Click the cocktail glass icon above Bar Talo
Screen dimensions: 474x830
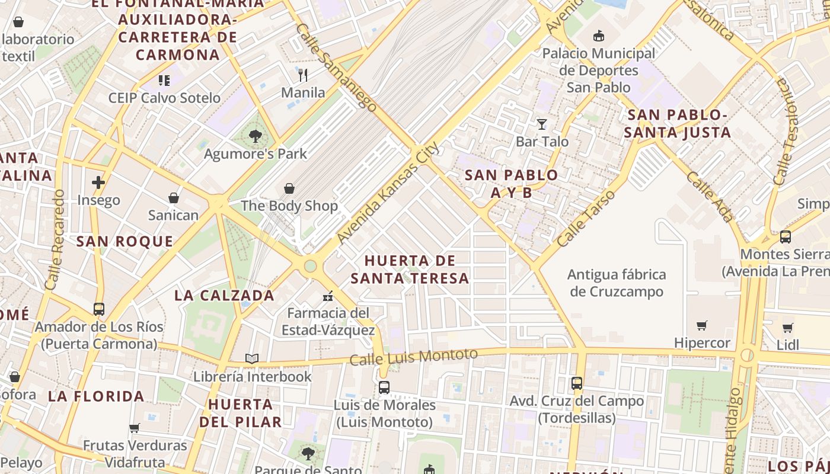point(541,124)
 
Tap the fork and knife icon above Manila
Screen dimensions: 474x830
point(303,75)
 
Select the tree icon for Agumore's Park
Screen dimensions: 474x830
point(256,137)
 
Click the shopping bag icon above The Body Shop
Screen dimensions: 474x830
point(289,188)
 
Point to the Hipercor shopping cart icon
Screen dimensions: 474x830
point(702,325)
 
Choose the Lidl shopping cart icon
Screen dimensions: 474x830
point(787,328)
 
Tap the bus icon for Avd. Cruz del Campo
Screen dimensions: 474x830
point(577,383)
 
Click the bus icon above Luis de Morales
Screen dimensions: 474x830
point(384,387)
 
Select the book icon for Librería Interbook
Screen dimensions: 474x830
point(252,358)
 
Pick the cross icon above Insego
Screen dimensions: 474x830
point(98,182)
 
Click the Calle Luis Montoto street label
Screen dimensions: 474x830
point(413,357)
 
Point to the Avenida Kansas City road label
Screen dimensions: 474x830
point(388,193)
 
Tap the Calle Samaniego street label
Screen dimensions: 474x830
point(336,68)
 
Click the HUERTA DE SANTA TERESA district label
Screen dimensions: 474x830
point(410,270)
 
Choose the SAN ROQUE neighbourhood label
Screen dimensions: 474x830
point(125,242)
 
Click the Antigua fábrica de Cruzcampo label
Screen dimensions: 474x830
point(617,283)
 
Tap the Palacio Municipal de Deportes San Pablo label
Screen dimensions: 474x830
point(599,71)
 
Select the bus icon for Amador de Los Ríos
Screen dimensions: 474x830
point(99,309)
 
